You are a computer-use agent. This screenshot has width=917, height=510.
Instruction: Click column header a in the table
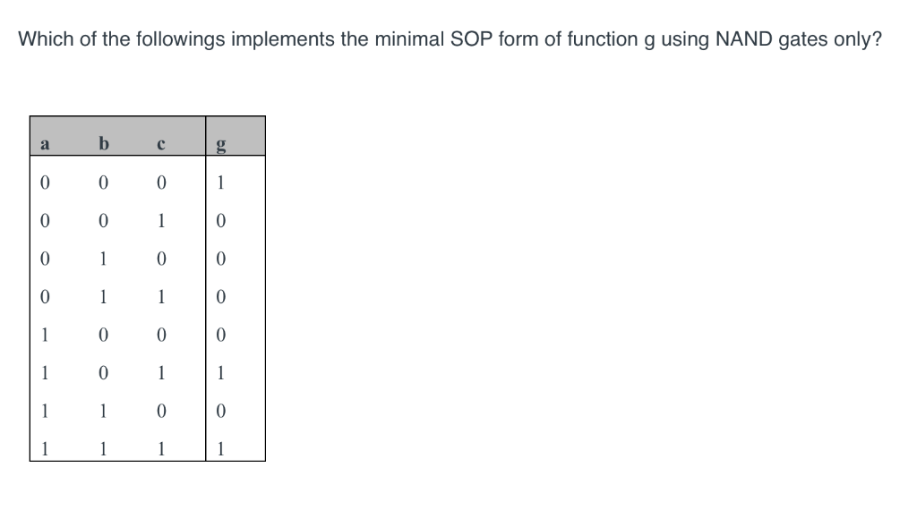pyautogui.click(x=43, y=143)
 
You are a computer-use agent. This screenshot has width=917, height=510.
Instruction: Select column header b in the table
pyautogui.click(x=103, y=143)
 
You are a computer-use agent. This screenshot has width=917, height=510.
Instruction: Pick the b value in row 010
pyautogui.click(x=103, y=259)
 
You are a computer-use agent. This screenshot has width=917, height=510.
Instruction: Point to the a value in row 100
pyautogui.click(x=43, y=335)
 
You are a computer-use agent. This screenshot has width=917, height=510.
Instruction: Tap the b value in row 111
pyautogui.click(x=103, y=448)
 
